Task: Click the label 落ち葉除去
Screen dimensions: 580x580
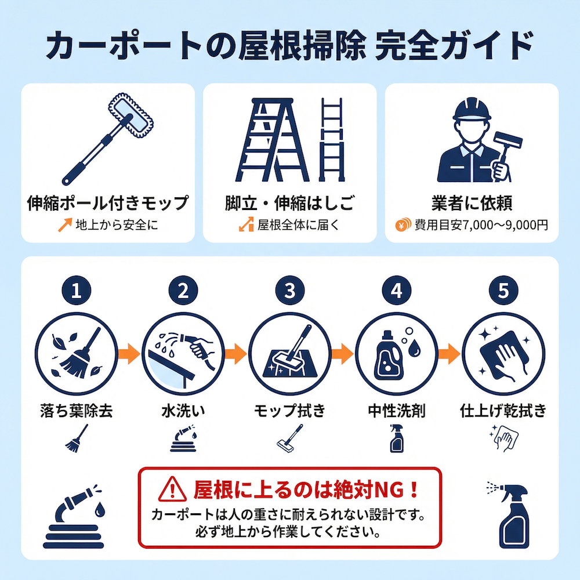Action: pyautogui.click(x=77, y=411)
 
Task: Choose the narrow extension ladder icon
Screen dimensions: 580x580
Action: pyautogui.click(x=332, y=139)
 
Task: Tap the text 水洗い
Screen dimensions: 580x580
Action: pyautogui.click(x=183, y=411)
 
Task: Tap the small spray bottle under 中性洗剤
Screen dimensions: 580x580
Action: pyautogui.click(x=397, y=438)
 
